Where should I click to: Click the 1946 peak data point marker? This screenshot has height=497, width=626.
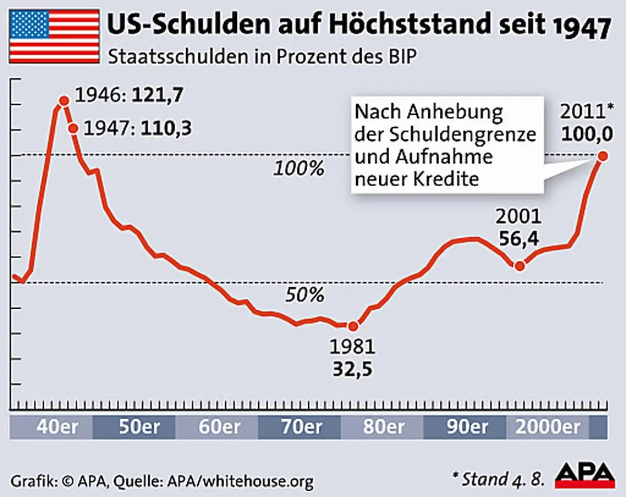[64, 101]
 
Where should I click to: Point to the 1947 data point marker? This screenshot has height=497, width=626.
[73, 128]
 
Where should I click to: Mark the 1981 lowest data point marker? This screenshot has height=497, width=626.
[353, 326]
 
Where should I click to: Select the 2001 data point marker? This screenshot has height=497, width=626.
[520, 265]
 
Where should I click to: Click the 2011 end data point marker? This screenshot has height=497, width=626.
[603, 156]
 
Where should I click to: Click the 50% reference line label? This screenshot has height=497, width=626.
[304, 295]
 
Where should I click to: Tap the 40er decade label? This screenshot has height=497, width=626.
[57, 427]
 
